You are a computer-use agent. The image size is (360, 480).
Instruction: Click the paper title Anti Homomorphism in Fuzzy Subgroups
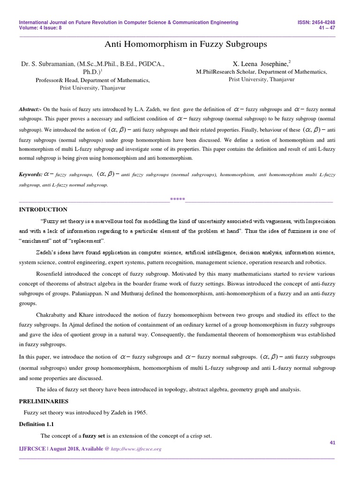pos(180,45)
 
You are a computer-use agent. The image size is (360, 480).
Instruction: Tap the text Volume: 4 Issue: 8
pos(40,27)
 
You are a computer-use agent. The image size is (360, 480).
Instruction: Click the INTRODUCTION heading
pos(43,209)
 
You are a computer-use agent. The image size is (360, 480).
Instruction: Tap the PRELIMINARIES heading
pos(44,401)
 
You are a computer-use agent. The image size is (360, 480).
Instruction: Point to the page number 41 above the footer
pos(332,442)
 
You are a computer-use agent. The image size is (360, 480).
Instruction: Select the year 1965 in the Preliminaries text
pos(139,412)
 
